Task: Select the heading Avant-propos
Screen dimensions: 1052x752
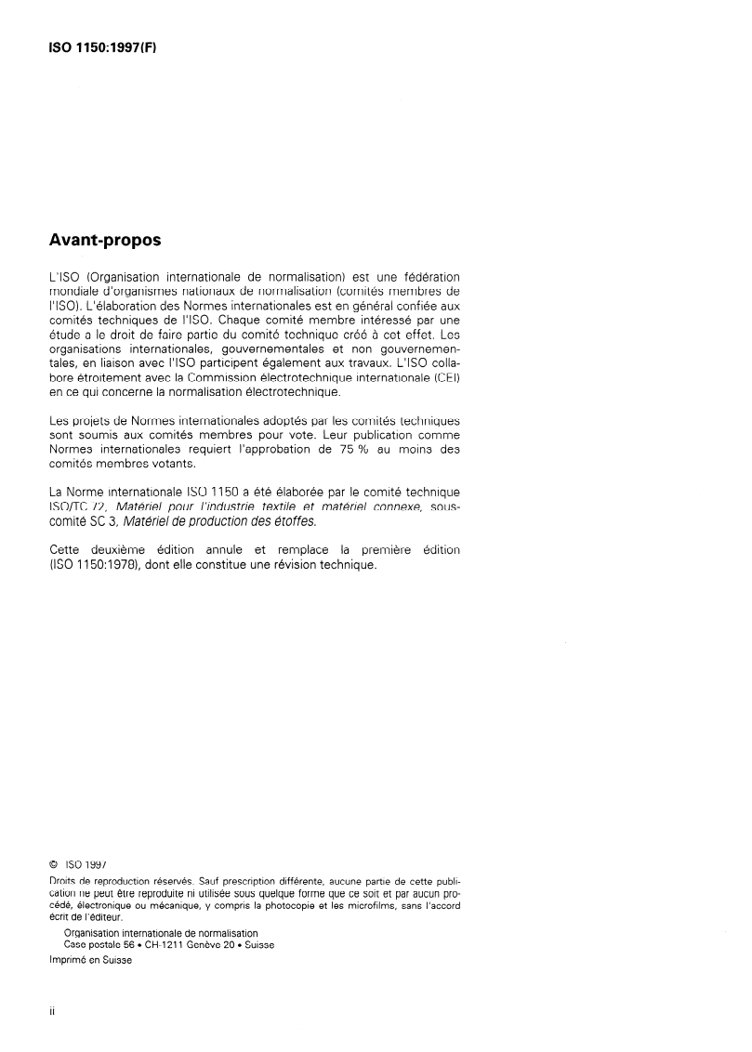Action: tap(104, 241)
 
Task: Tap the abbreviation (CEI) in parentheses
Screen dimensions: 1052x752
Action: tap(443, 378)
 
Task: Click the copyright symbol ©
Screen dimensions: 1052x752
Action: tap(52, 861)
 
